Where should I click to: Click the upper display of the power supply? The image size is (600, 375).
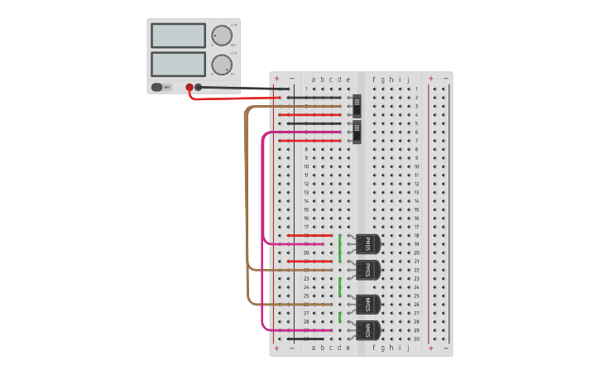pyautogui.click(x=178, y=36)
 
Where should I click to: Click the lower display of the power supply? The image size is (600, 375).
pyautogui.click(x=178, y=64)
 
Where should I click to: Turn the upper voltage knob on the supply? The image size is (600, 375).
pyautogui.click(x=222, y=36)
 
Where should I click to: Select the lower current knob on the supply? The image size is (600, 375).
pyautogui.click(x=222, y=65)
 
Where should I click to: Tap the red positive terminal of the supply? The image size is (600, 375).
pyautogui.click(x=190, y=87)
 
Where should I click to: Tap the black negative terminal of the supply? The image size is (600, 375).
pyautogui.click(x=199, y=87)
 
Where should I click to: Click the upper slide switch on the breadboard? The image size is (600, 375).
pyautogui.click(x=358, y=106)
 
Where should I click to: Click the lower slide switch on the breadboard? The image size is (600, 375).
pyautogui.click(x=358, y=132)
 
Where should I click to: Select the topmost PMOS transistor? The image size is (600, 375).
pyautogui.click(x=368, y=244)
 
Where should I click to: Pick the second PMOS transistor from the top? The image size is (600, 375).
pyautogui.click(x=368, y=270)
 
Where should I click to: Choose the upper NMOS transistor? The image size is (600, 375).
pyautogui.click(x=368, y=304)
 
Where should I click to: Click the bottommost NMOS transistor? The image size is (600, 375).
pyautogui.click(x=368, y=330)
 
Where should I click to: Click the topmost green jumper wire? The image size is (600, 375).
pyautogui.click(x=340, y=248)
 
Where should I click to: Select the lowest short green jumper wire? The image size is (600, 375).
pyautogui.click(x=340, y=317)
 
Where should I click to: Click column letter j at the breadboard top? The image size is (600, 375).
pyautogui.click(x=408, y=80)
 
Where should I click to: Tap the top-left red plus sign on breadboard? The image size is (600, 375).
pyautogui.click(x=276, y=79)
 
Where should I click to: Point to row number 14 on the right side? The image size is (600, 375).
pyautogui.click(x=417, y=201)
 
